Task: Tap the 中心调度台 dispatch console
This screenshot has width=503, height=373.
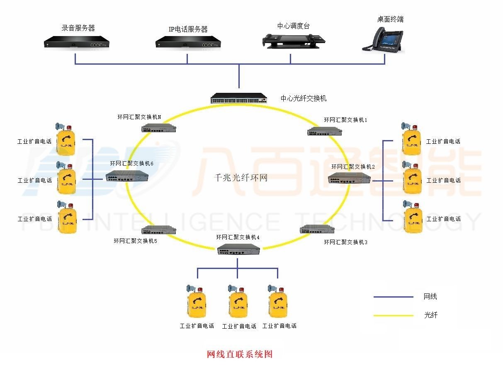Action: click(293, 40)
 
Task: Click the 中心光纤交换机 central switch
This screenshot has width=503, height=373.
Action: click(239, 98)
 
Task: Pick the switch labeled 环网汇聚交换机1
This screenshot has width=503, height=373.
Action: click(325, 132)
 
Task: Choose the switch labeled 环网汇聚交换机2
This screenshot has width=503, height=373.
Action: click(349, 178)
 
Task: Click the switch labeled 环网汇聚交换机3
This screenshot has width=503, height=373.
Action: click(317, 230)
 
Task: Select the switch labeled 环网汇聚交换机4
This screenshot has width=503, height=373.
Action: click(238, 249)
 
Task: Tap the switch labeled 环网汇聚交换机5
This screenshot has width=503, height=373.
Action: click(159, 230)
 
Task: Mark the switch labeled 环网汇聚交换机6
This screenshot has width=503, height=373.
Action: click(127, 176)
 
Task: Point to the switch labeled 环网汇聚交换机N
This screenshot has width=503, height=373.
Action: click(159, 128)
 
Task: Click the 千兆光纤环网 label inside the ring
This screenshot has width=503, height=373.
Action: click(240, 178)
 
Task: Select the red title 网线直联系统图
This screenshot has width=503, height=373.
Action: click(240, 354)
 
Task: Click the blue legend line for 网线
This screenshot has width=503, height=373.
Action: click(393, 297)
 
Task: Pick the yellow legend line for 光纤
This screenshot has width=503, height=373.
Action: click(393, 315)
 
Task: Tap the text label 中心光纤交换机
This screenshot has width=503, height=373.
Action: click(304, 99)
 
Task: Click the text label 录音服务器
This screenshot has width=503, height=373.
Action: click(78, 28)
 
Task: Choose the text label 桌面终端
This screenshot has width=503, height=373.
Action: click(390, 19)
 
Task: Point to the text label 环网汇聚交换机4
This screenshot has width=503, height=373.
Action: click(238, 237)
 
